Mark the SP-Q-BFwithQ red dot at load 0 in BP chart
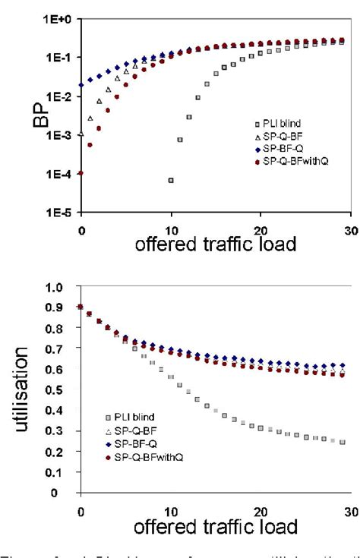point(81,173)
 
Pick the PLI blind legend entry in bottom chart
point(135,418)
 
